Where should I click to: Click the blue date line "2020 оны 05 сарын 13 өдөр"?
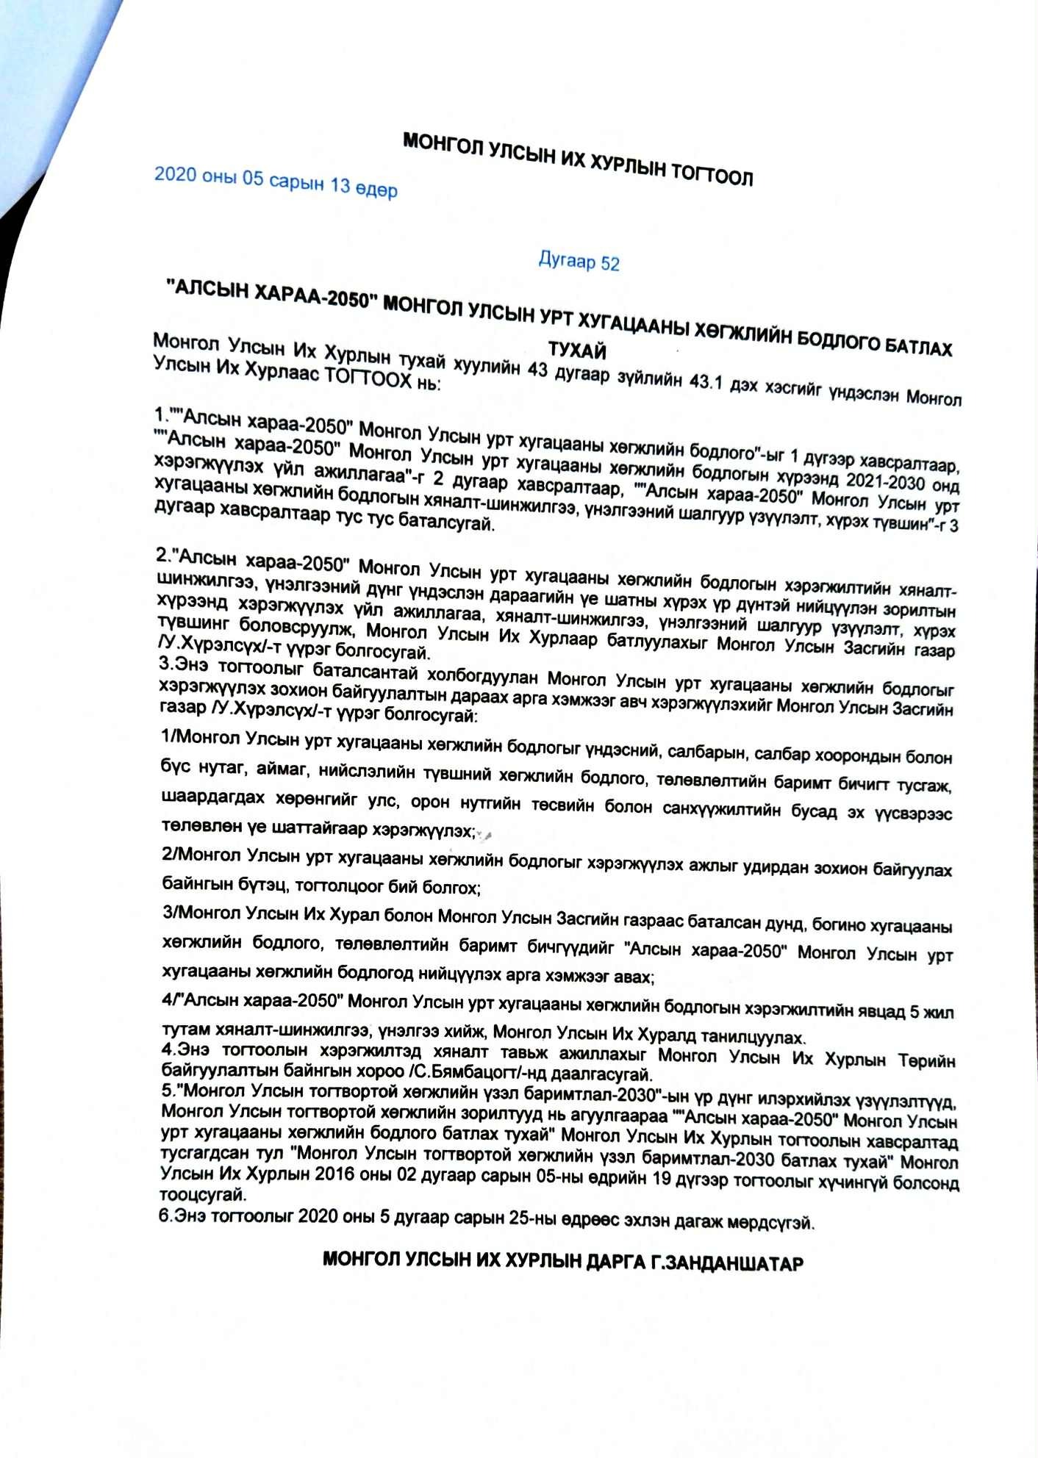[x=276, y=182]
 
